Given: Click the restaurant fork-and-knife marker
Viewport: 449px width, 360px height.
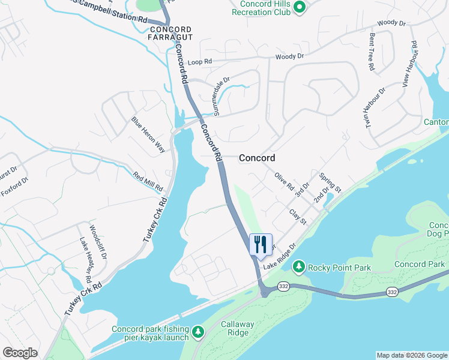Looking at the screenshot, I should [x=261, y=244].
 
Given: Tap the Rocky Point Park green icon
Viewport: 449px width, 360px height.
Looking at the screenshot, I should [x=298, y=266].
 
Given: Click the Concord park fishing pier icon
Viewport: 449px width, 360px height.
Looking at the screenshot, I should [x=199, y=331].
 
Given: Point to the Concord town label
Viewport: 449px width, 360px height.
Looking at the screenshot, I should [x=257, y=158].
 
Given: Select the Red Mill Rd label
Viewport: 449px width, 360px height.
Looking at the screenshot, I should [x=148, y=182].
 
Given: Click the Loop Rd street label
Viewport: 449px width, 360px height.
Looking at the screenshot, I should [x=200, y=62].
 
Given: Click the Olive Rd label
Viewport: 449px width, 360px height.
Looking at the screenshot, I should [x=284, y=181].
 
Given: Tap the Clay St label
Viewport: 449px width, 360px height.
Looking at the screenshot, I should [x=298, y=217].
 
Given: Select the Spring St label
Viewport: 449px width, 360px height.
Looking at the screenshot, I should [x=330, y=183].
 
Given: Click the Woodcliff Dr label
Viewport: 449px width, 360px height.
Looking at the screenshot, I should [x=97, y=242].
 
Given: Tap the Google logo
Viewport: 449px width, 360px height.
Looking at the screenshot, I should [x=20, y=353].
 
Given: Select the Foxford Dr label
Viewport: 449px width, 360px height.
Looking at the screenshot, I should [x=15, y=187].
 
